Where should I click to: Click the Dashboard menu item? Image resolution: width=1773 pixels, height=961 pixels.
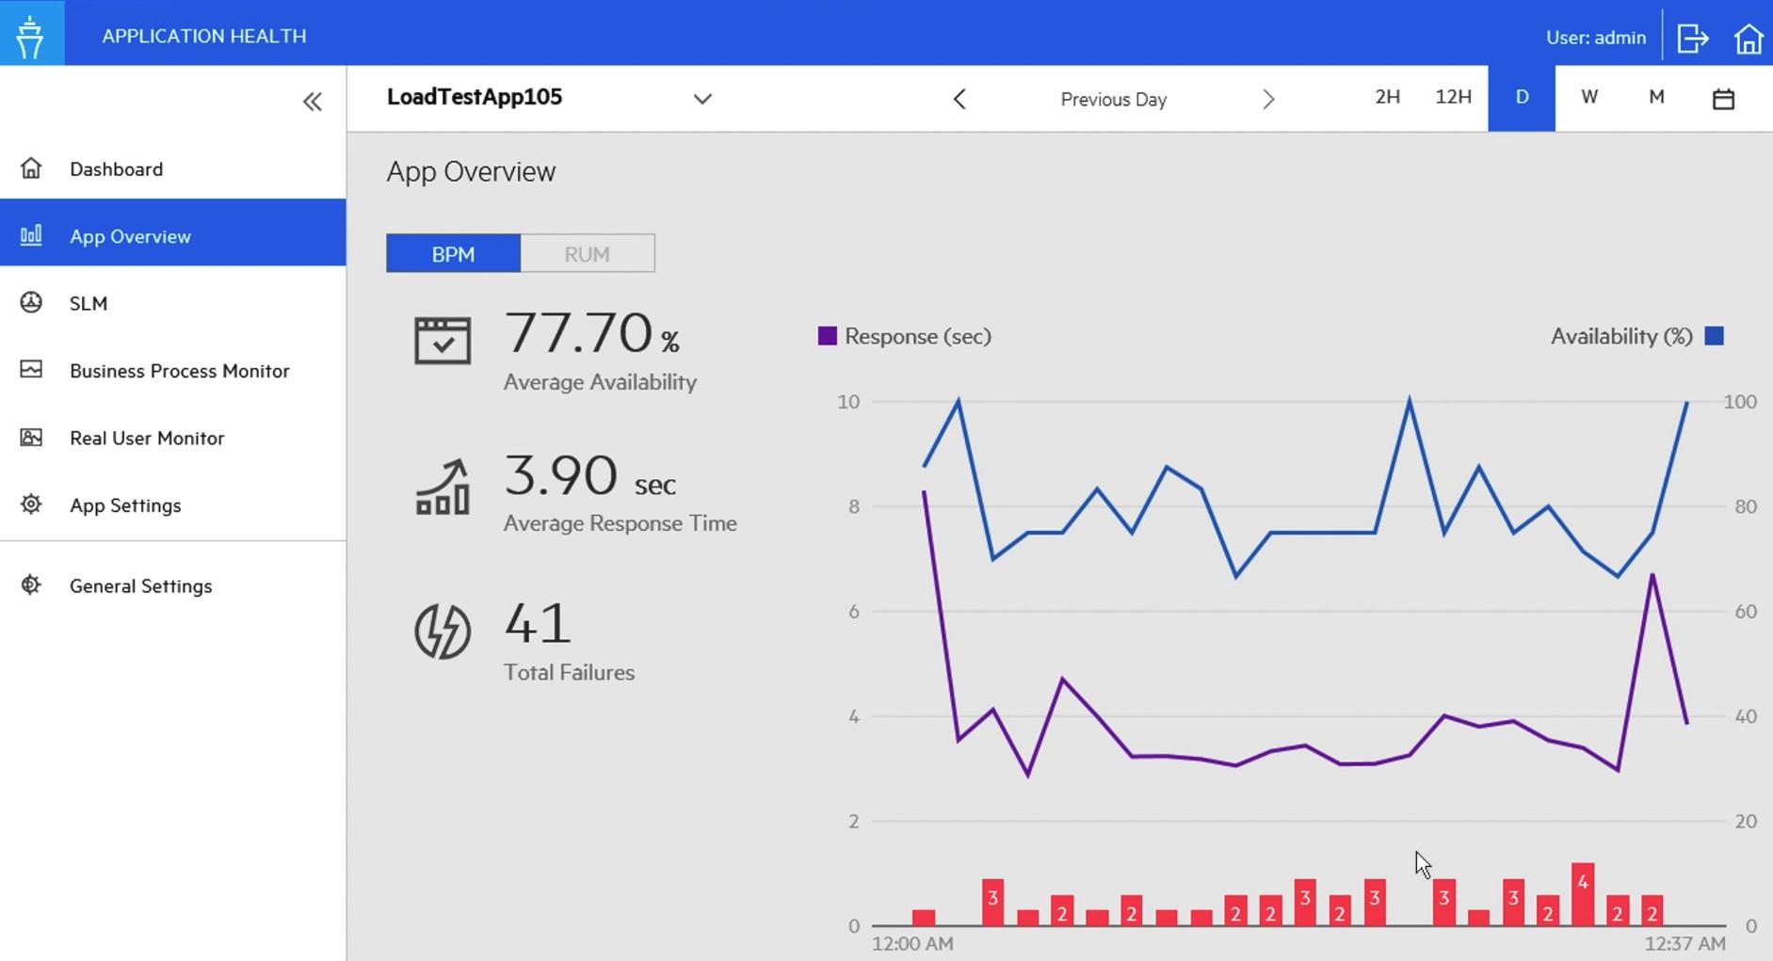[116, 169]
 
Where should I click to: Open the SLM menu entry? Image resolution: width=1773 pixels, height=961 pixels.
[89, 303]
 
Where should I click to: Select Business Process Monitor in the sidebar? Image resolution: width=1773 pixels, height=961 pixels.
[179, 371]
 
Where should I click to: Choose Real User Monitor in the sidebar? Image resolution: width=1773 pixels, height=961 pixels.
[147, 438]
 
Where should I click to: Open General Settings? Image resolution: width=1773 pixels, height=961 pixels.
[140, 585]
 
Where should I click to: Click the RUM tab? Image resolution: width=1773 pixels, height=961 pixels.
[587, 254]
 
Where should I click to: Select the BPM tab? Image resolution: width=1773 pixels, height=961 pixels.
[453, 254]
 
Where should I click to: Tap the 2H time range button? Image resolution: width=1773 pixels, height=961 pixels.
[1387, 97]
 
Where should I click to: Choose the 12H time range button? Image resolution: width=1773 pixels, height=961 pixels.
[1453, 97]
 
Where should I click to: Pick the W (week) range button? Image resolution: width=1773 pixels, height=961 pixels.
[1589, 97]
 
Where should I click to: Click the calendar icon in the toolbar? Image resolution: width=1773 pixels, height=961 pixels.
[1723, 99]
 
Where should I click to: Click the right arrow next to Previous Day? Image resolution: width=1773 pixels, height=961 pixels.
[1268, 99]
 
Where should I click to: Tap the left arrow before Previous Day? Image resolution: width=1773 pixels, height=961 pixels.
[959, 99]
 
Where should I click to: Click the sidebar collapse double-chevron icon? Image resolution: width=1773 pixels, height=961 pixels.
[313, 102]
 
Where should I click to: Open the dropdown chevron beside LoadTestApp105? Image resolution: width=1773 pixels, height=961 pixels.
[702, 99]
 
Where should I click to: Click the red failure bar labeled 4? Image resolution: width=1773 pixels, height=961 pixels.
[1583, 893]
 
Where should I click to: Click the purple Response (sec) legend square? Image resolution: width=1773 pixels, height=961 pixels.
[827, 336]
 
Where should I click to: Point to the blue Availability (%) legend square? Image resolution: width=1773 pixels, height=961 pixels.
[1715, 336]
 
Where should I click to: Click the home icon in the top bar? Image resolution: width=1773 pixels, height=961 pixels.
[1749, 39]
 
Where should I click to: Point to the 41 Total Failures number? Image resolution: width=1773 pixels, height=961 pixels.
[538, 623]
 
